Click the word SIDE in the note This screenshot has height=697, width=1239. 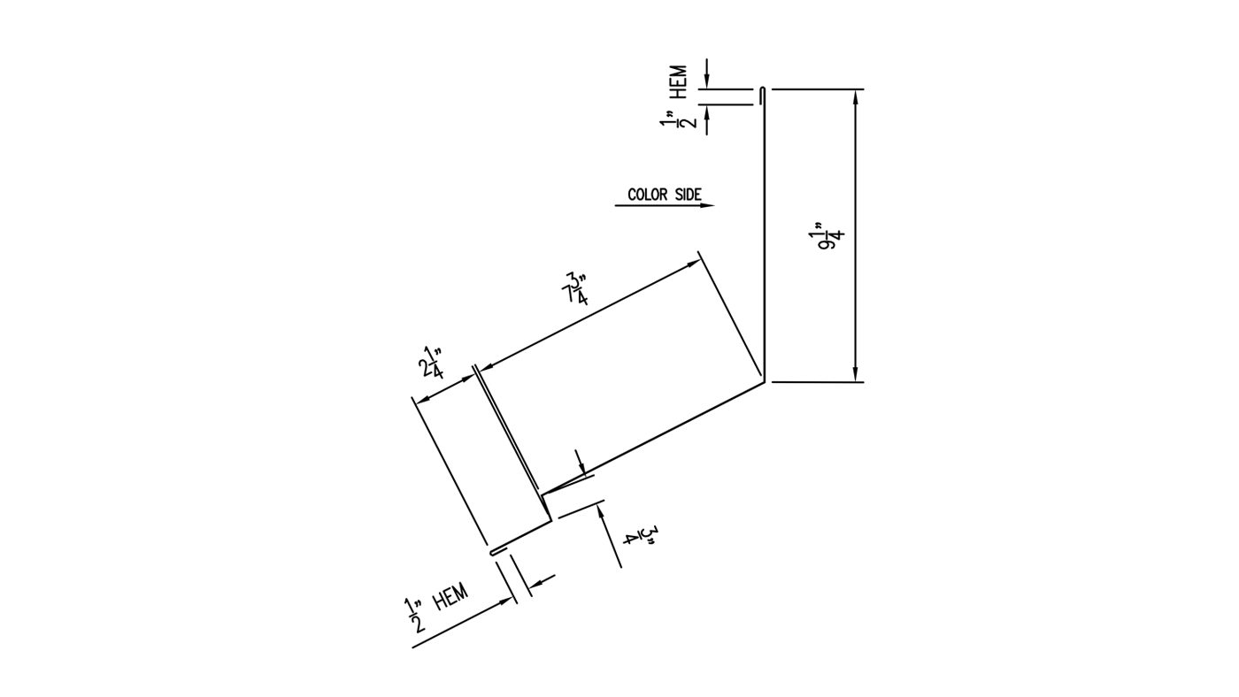[688, 195]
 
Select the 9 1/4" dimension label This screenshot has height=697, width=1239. [831, 236]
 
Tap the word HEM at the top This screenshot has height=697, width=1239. [680, 81]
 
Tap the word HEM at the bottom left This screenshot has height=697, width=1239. [450, 599]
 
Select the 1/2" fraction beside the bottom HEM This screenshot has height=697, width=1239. [414, 617]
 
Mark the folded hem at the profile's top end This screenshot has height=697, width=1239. [763, 96]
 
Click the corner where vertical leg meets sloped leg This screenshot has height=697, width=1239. [765, 382]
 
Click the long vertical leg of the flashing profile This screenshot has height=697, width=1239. [765, 239]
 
